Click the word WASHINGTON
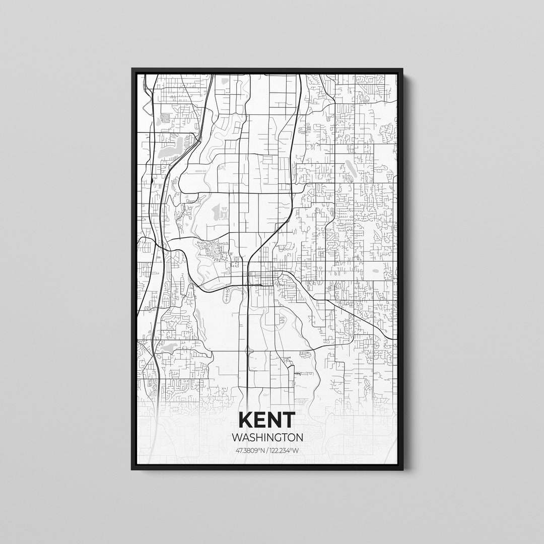pos(267,437)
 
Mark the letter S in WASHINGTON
pos(250,437)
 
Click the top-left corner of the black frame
pos(132,69)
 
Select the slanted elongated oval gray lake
pos(349,167)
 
